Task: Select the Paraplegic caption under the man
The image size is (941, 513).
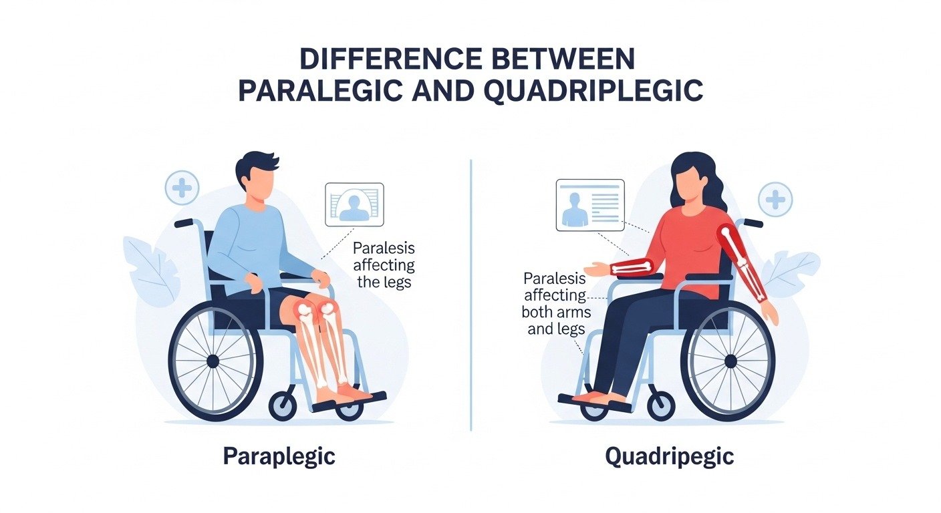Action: click(x=279, y=457)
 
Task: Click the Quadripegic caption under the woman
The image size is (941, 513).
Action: click(x=669, y=457)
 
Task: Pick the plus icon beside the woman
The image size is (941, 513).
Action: click(x=775, y=200)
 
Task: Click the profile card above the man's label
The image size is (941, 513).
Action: click(x=354, y=204)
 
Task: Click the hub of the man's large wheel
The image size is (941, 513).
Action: click(x=213, y=361)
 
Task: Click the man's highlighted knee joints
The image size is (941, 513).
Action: click(x=315, y=309)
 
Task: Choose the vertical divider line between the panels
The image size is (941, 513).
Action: click(x=471, y=294)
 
